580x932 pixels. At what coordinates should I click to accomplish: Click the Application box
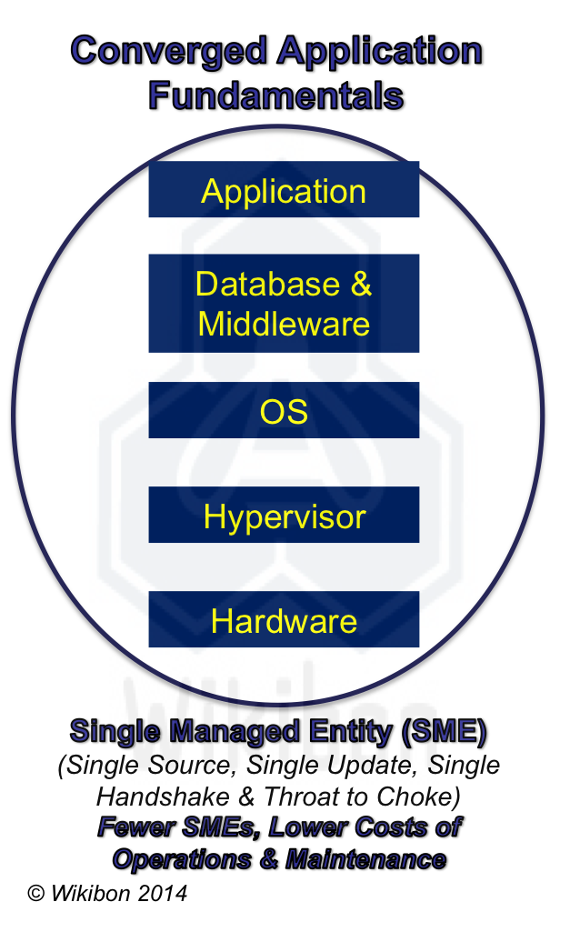284,190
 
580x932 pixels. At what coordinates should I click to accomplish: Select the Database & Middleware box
284,303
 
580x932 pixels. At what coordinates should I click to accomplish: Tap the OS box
284,411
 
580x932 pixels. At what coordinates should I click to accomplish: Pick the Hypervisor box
284,516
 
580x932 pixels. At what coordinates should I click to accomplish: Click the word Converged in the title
168,51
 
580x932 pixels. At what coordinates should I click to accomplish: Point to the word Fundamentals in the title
275,94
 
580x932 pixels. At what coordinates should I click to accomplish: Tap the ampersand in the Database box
361,284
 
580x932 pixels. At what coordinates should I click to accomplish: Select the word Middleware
284,324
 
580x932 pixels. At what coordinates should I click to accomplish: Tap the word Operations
177,858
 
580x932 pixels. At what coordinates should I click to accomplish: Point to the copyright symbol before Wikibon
36,893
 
